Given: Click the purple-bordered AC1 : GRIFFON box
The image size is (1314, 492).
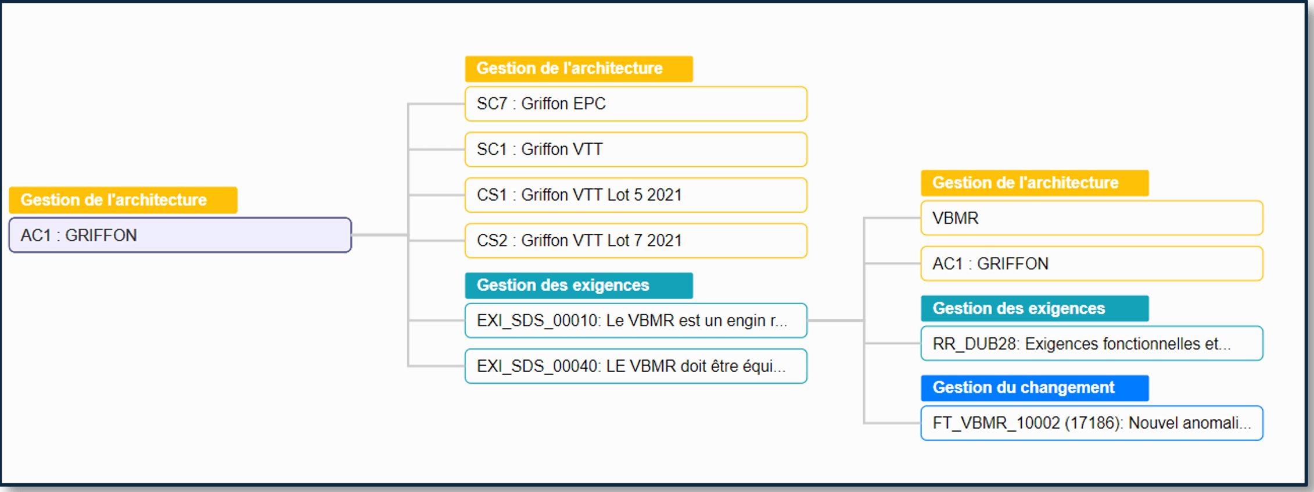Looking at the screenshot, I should pyautogui.click(x=180, y=235).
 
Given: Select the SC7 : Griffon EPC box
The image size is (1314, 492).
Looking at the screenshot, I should pyautogui.click(x=636, y=104).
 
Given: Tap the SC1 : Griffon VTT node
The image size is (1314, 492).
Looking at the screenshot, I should pyautogui.click(x=636, y=149).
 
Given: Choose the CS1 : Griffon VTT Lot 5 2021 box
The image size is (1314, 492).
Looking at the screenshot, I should pyautogui.click(x=636, y=195).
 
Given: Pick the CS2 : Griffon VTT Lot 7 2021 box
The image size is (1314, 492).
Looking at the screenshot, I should pyautogui.click(x=636, y=240).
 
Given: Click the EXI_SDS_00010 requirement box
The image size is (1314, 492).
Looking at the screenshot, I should pyautogui.click(x=636, y=320).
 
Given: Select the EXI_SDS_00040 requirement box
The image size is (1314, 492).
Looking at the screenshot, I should pyautogui.click(x=636, y=366).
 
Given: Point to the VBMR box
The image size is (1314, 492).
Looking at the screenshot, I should pyautogui.click(x=1092, y=218).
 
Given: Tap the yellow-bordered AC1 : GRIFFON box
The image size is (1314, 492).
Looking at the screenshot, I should pyautogui.click(x=1092, y=263).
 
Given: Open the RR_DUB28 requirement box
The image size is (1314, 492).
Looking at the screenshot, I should pyautogui.click(x=1092, y=344).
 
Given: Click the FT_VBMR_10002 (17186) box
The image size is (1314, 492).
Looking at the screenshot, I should pyautogui.click(x=1092, y=423).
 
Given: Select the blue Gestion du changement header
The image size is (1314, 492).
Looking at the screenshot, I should pyautogui.click(x=1035, y=388).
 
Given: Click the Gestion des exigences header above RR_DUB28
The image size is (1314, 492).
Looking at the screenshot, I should pyautogui.click(x=1035, y=308).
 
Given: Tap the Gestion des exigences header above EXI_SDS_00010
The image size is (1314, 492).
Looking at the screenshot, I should pyautogui.click(x=579, y=286).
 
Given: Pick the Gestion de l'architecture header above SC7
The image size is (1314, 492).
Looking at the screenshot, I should pyautogui.click(x=579, y=69).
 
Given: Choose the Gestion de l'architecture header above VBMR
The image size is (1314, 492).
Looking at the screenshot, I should pyautogui.click(x=1035, y=183).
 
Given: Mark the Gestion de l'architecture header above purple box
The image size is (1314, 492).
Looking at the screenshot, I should pyautogui.click(x=123, y=200).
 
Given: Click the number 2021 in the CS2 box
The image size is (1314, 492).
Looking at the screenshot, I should pyautogui.click(x=664, y=241).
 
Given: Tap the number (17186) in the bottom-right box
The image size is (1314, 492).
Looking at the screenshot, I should pyautogui.click(x=1094, y=423).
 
